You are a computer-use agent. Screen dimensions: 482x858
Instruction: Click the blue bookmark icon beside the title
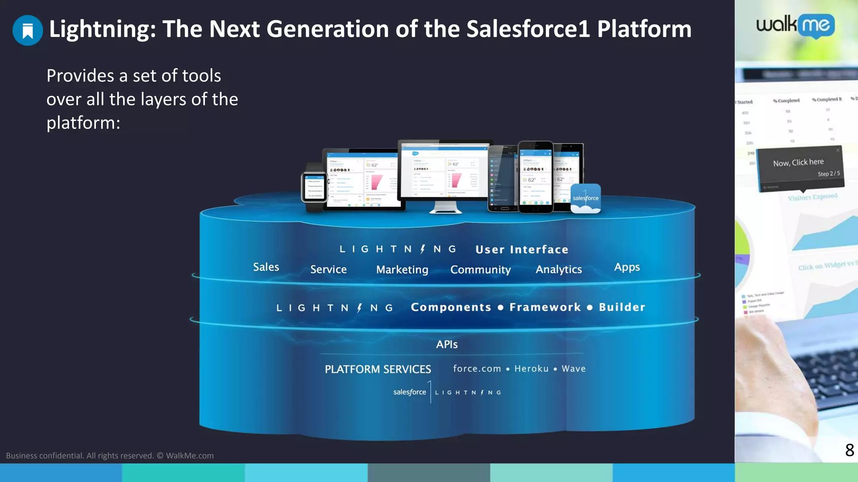pos(28,30)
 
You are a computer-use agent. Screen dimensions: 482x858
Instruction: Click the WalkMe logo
pos(795,26)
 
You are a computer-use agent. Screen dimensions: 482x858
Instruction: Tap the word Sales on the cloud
pos(266,267)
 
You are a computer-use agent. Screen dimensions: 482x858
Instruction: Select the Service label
pos(328,269)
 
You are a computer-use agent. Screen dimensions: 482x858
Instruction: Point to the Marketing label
pos(402,270)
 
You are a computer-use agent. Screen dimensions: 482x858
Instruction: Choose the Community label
pos(481,270)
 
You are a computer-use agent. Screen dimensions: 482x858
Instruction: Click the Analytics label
pos(558,269)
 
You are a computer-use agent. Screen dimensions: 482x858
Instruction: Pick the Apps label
pos(627,267)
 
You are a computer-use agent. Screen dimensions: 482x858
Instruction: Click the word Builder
pos(622,307)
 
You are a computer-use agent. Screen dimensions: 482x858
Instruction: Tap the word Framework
pos(545,307)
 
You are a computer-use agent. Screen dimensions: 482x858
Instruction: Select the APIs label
pos(447,344)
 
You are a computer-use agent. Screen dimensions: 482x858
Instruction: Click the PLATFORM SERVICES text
pos(378,369)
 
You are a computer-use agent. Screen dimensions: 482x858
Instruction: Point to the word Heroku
pos(531,369)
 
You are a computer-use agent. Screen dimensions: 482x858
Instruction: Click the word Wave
pos(574,369)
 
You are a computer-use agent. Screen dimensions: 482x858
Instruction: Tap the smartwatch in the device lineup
pos(314,187)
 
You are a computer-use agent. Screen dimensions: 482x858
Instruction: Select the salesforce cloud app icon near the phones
pos(586,198)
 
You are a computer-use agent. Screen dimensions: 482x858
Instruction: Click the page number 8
pos(849,450)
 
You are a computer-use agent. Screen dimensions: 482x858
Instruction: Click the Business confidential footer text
pos(110,456)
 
